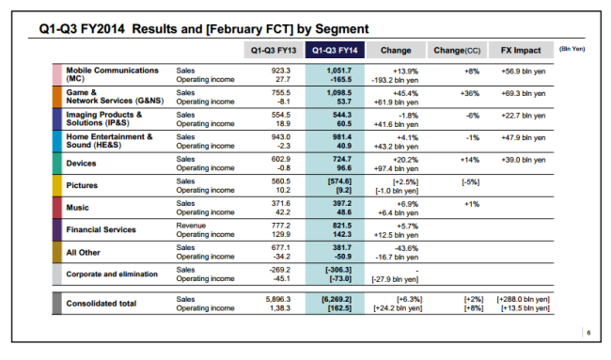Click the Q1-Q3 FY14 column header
[x=335, y=50]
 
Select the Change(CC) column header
[x=457, y=50]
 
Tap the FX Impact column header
[x=521, y=50]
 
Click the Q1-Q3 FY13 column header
[x=274, y=50]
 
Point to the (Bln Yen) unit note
[x=572, y=49]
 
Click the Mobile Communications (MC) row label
[x=112, y=74]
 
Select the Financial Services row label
[x=101, y=230]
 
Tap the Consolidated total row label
[x=102, y=304]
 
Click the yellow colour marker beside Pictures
[x=57, y=185]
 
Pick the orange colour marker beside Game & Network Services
[x=57, y=97]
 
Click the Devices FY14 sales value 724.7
[x=342, y=160]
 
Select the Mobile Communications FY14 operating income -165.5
[x=340, y=80]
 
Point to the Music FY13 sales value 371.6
[x=280, y=203]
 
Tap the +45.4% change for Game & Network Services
[x=405, y=93]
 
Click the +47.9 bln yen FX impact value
[x=524, y=138]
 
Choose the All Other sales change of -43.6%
[x=406, y=248]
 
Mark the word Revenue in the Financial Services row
[x=191, y=226]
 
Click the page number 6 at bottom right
[x=588, y=333]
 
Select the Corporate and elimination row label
[x=112, y=274]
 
